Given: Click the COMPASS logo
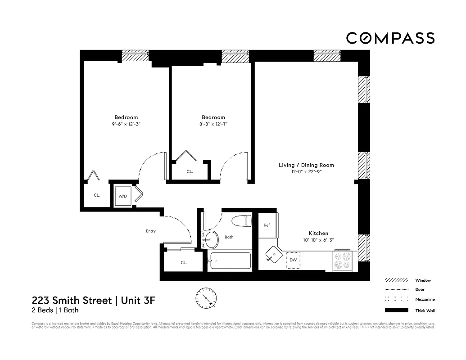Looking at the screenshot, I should (x=390, y=38).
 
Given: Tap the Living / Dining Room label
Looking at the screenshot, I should (x=306, y=165).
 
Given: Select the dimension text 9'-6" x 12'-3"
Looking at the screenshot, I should (x=126, y=124).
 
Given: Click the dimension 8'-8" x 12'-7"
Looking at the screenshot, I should (x=213, y=124).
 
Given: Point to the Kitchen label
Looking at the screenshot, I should (x=318, y=233).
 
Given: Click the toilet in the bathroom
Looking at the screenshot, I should (x=241, y=222).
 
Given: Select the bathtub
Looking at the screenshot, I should (x=230, y=261).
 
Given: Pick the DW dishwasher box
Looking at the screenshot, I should (x=293, y=260).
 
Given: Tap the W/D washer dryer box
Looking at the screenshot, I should (x=123, y=196).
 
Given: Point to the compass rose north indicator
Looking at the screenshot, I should (x=206, y=297).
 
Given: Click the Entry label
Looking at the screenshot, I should (x=150, y=231).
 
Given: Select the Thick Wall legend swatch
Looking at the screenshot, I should (x=396, y=310).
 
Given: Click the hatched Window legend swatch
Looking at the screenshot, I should (x=396, y=280).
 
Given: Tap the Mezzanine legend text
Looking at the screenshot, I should (x=425, y=300).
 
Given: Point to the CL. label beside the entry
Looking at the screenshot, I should (x=184, y=262).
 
